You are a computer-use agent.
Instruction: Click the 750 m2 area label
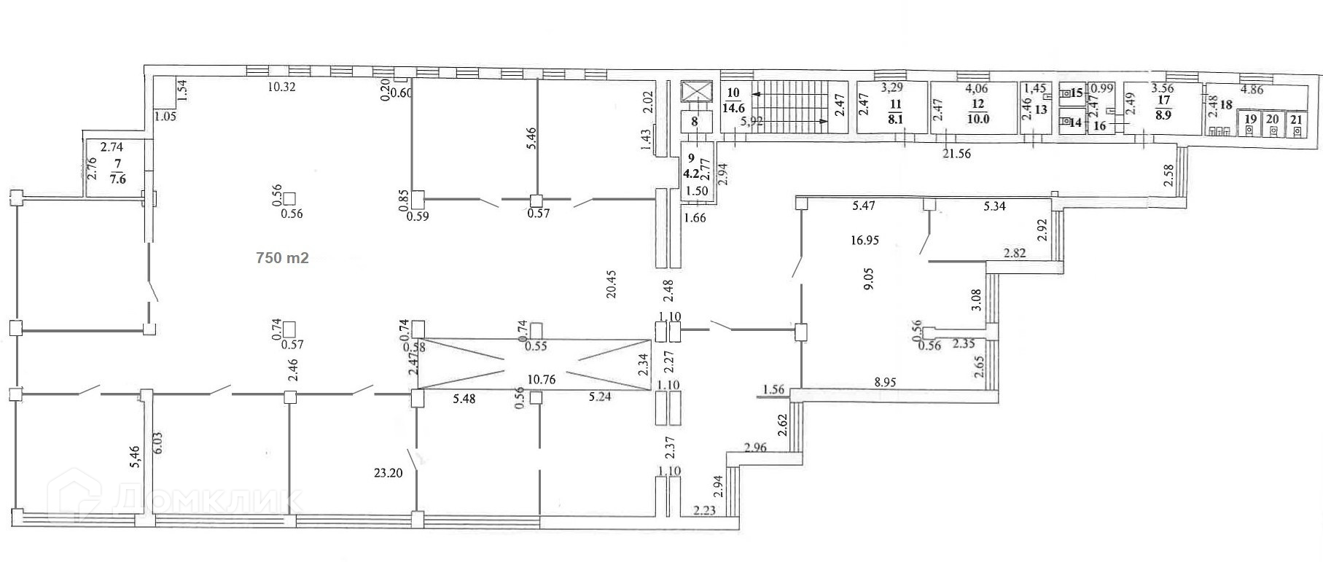pyautogui.click(x=282, y=258)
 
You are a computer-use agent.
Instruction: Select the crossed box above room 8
pyautogui.click(x=694, y=92)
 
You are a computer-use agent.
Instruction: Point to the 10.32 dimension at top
pyautogui.click(x=281, y=87)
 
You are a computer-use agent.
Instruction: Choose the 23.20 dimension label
pyautogui.click(x=387, y=472)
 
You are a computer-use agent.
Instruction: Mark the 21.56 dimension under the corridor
pyautogui.click(x=956, y=154)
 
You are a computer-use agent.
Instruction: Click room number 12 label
pyautogui.click(x=977, y=105)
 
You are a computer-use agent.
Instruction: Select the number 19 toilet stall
pyautogui.click(x=1250, y=125)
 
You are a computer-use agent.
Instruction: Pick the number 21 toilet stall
pyautogui.click(x=1296, y=125)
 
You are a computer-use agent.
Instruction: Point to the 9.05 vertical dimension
pyautogui.click(x=867, y=281)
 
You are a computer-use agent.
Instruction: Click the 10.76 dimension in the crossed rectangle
pyautogui.click(x=542, y=380)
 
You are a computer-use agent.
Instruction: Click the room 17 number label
pyautogui.click(x=1163, y=101)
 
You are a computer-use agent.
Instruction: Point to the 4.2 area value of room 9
pyautogui.click(x=690, y=174)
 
